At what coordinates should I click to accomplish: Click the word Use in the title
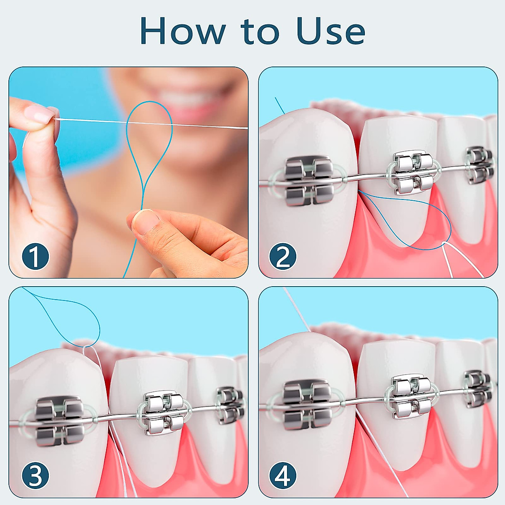pos(331,31)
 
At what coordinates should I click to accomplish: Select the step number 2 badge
pos(282,256)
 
